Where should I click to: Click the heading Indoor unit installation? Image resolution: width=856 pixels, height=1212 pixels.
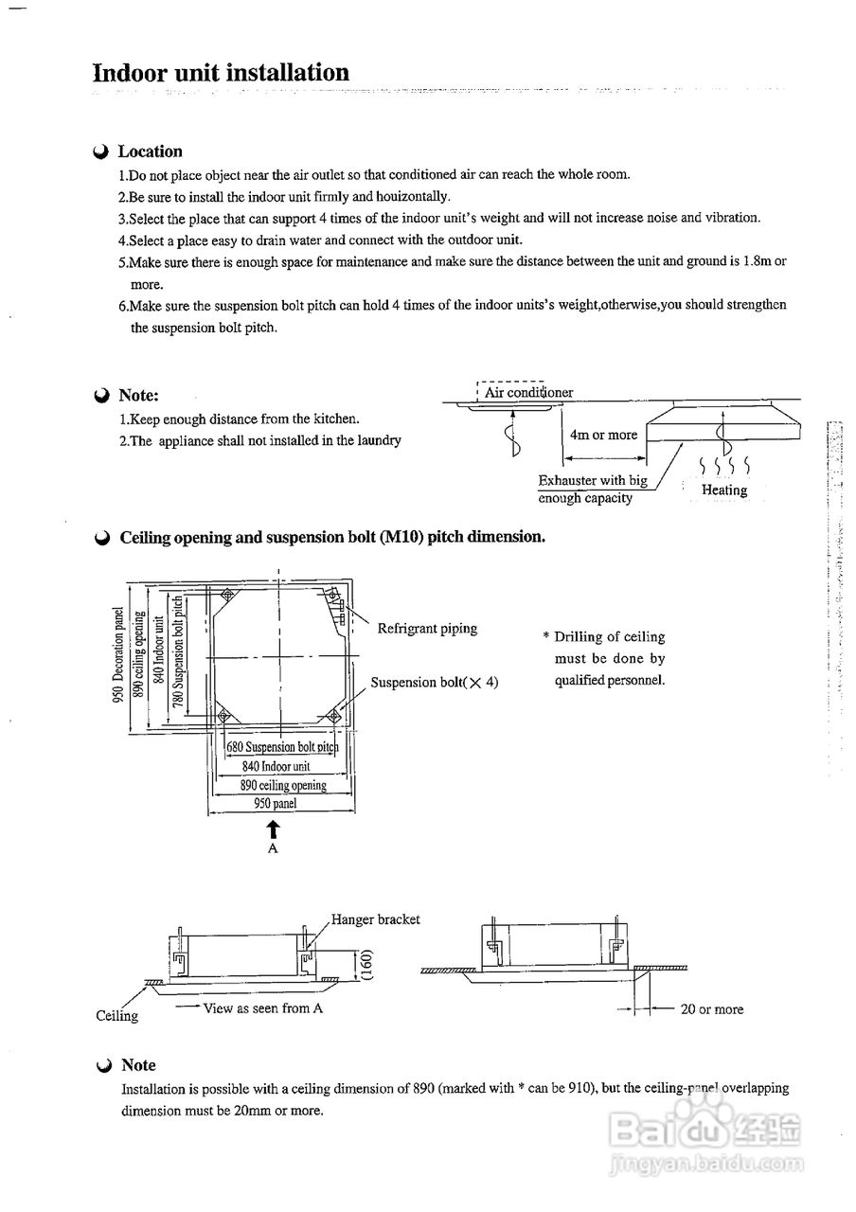point(221,73)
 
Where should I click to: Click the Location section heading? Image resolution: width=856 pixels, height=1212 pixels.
point(150,151)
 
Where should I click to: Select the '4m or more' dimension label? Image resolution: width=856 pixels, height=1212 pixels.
point(603,435)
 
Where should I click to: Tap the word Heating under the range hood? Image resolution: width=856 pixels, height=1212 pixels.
point(724,490)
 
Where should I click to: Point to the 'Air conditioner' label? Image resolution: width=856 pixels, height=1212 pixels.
point(528,392)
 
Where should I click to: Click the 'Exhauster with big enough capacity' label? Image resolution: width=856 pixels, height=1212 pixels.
point(592,489)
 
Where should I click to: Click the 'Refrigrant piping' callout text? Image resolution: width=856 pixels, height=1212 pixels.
point(427,629)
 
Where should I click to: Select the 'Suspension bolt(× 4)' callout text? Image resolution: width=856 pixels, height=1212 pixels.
point(434,682)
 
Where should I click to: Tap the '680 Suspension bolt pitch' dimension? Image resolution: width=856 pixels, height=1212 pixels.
point(281,747)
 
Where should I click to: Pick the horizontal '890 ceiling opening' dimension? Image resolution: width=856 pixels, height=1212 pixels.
point(282,785)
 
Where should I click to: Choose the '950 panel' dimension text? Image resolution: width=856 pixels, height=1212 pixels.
point(275,804)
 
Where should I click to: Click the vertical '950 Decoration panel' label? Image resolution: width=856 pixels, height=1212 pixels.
point(119,653)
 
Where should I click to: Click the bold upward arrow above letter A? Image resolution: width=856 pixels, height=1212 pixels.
point(274,829)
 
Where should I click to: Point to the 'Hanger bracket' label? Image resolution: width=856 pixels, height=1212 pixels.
point(375,919)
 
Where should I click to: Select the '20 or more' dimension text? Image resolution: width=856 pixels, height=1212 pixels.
point(712,1009)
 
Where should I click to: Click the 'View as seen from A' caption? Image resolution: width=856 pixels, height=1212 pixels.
point(262,1008)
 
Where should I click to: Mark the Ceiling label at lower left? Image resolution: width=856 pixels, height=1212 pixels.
point(116,1016)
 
